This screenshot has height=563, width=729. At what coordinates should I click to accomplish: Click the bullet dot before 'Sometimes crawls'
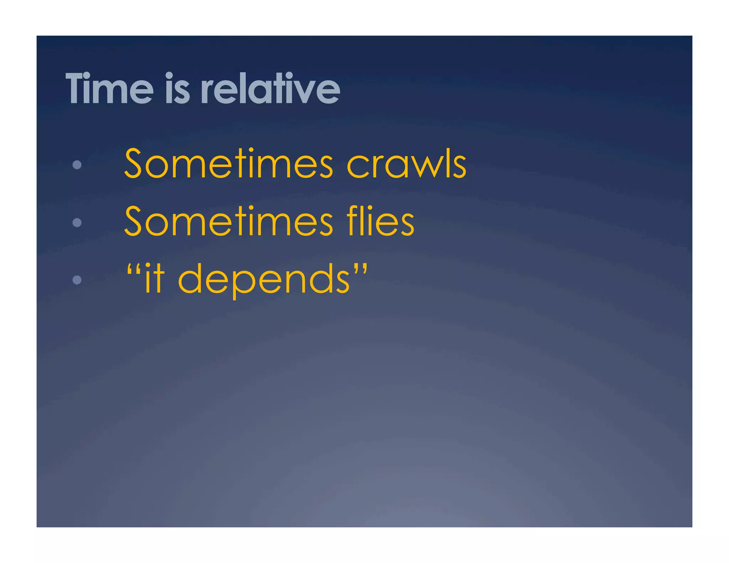coord(77,164)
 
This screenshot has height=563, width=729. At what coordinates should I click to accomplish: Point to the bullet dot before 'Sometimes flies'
coord(77,222)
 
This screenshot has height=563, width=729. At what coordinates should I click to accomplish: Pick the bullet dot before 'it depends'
coord(77,280)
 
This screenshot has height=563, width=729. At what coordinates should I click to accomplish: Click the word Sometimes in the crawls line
coord(229,164)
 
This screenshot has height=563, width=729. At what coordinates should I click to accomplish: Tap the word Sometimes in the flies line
coord(229,221)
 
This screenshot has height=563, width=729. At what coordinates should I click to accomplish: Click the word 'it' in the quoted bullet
coord(155,278)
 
